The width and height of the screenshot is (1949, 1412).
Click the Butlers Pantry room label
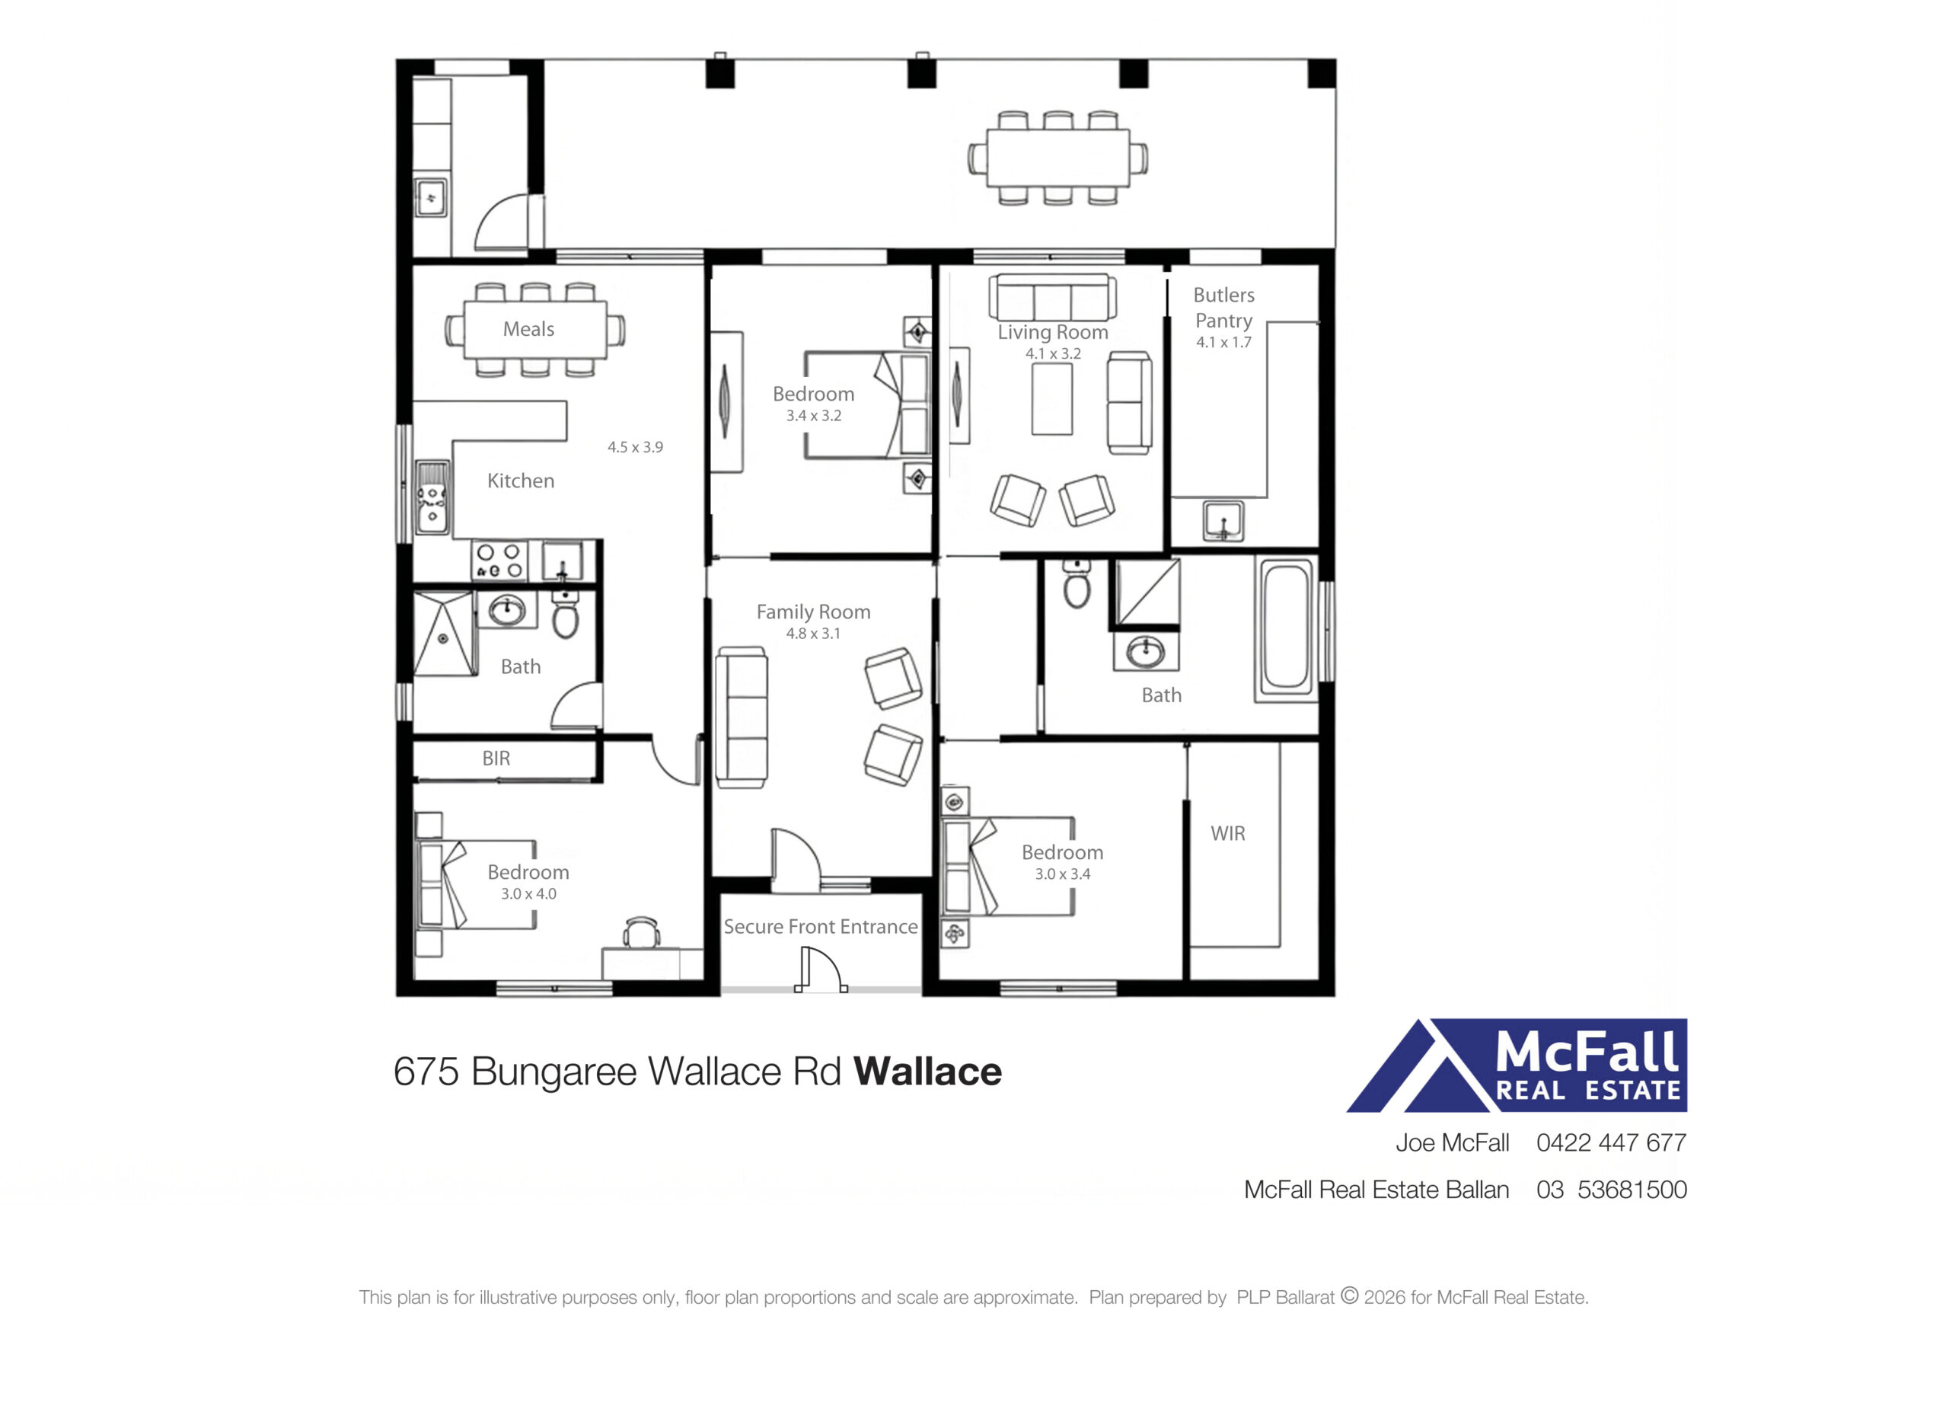click(1223, 308)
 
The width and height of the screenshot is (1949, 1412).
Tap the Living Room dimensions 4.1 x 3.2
click(1053, 353)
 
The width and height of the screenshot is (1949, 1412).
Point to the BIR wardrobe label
click(496, 758)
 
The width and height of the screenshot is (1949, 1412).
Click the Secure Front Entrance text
click(821, 926)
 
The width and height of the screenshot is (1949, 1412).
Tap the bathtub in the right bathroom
click(1287, 630)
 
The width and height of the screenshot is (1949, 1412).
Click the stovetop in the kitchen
click(499, 561)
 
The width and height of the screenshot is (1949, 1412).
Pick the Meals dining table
click(534, 330)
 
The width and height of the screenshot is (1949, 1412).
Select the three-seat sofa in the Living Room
click(1053, 296)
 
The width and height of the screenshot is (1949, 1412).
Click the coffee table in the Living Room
click(1052, 399)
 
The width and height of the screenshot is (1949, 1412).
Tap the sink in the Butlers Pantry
click(1223, 520)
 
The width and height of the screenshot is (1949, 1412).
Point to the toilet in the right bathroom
click(1077, 583)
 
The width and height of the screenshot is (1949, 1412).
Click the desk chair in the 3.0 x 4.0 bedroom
click(641, 932)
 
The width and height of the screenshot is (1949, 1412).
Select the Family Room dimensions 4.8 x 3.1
click(813, 634)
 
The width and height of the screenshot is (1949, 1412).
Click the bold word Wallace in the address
click(927, 1072)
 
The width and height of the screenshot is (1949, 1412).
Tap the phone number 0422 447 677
click(1611, 1143)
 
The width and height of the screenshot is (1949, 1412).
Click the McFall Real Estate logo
click(1517, 1065)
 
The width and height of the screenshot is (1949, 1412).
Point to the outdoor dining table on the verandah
click(1057, 158)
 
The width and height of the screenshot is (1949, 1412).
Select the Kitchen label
click(521, 481)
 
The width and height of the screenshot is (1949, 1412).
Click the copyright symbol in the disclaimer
click(1349, 1295)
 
